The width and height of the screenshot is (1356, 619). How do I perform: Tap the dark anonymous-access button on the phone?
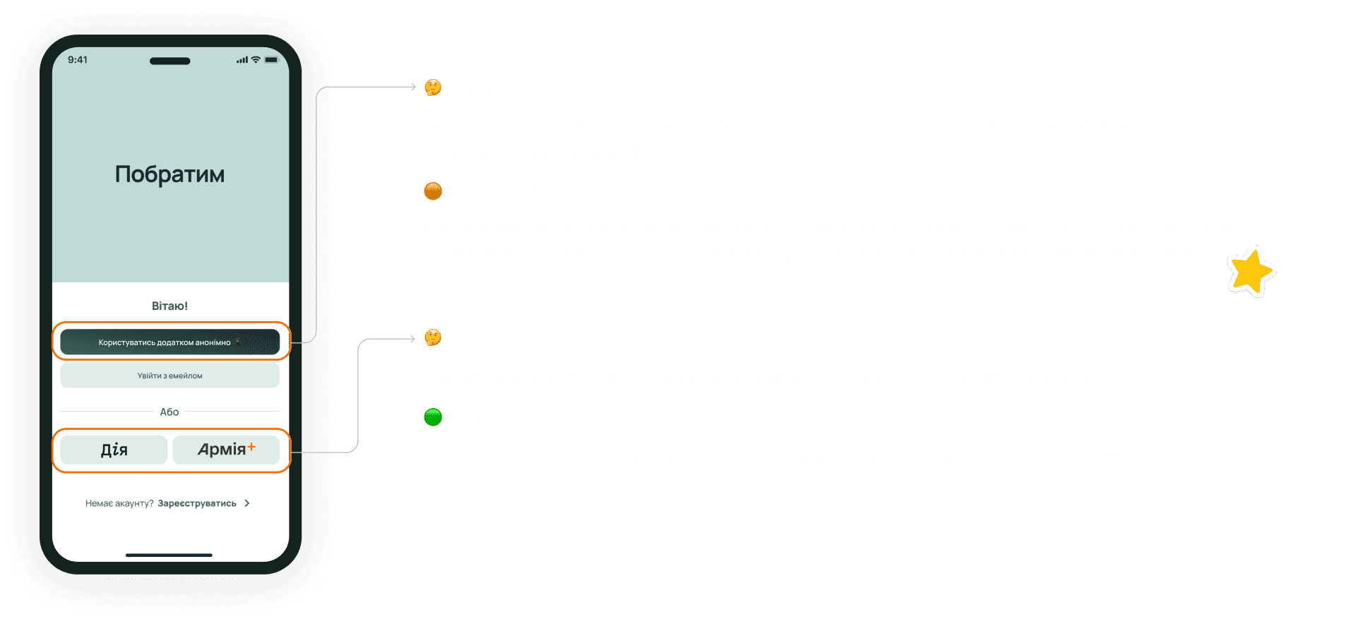(x=169, y=342)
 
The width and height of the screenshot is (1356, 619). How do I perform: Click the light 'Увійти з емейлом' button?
(x=169, y=375)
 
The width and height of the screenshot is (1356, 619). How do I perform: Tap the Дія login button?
(x=114, y=450)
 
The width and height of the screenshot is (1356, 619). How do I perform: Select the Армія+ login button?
(x=226, y=450)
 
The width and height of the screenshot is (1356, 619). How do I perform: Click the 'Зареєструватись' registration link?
(x=197, y=503)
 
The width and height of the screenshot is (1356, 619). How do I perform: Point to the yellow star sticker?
(x=1251, y=272)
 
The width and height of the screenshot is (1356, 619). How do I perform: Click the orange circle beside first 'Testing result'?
(x=433, y=191)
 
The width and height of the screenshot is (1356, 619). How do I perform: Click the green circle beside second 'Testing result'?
(x=433, y=417)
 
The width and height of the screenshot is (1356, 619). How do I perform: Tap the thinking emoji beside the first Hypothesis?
(x=433, y=88)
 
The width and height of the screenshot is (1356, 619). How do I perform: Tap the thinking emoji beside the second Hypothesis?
(x=433, y=337)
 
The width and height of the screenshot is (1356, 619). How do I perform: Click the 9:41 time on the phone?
(x=78, y=60)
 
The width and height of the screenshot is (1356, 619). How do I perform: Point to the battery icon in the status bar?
(x=272, y=60)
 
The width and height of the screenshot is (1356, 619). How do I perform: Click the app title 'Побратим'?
(x=169, y=174)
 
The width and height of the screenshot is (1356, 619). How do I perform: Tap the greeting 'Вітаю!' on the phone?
(x=169, y=306)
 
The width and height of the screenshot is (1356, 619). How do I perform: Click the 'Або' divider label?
(x=169, y=411)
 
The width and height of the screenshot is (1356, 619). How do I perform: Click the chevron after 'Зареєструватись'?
(x=246, y=503)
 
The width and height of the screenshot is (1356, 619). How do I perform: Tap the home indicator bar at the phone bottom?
(x=169, y=555)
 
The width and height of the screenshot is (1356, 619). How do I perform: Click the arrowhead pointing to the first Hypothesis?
(x=413, y=87)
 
